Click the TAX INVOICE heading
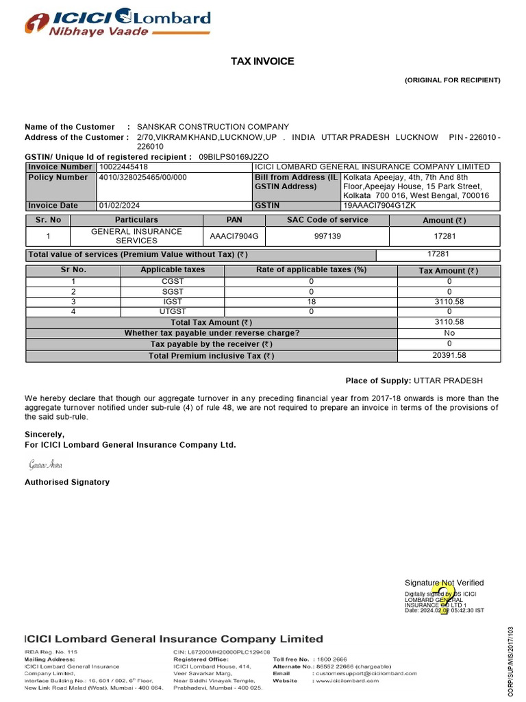pyautogui.click(x=262, y=62)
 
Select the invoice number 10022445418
pyautogui.click(x=123, y=167)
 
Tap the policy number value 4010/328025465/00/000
pyautogui.click(x=142, y=178)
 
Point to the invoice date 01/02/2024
pyautogui.click(x=118, y=206)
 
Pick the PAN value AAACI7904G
pyautogui.click(x=234, y=237)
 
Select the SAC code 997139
pyautogui.click(x=327, y=237)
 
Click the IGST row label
pyautogui.click(x=173, y=302)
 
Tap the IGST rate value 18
pyautogui.click(x=311, y=302)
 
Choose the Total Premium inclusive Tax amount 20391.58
pyautogui.click(x=449, y=356)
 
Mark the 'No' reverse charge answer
pyautogui.click(x=449, y=333)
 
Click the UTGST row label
pyautogui.click(x=173, y=312)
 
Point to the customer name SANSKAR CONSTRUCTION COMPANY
pyautogui.click(x=213, y=127)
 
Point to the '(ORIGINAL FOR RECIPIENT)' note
pyautogui.click(x=453, y=80)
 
